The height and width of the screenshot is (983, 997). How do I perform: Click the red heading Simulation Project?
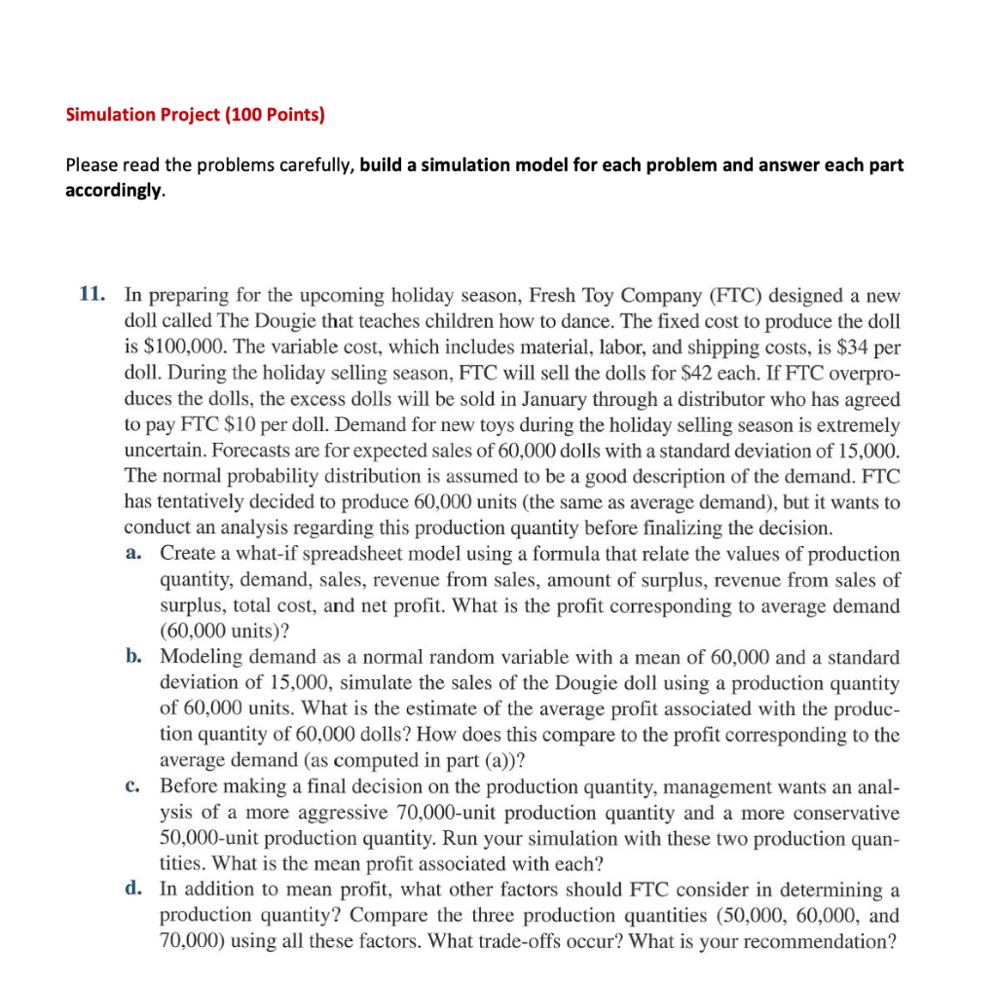tap(195, 115)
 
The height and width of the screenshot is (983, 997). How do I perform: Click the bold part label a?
tap(135, 554)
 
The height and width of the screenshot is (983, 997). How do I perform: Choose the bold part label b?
tap(135, 659)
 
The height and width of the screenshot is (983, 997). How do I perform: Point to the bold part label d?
tap(135, 890)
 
